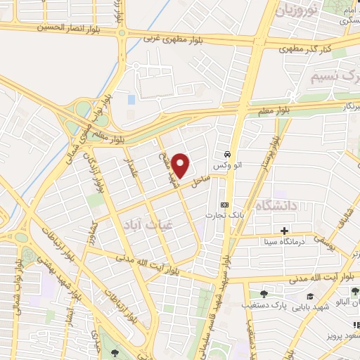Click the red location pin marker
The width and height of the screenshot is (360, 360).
click(181, 165)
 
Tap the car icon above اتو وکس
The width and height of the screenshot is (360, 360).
click(227, 154)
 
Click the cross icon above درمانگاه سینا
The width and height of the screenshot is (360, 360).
click(284, 231)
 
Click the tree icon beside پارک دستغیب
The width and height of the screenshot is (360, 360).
click(264, 294)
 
